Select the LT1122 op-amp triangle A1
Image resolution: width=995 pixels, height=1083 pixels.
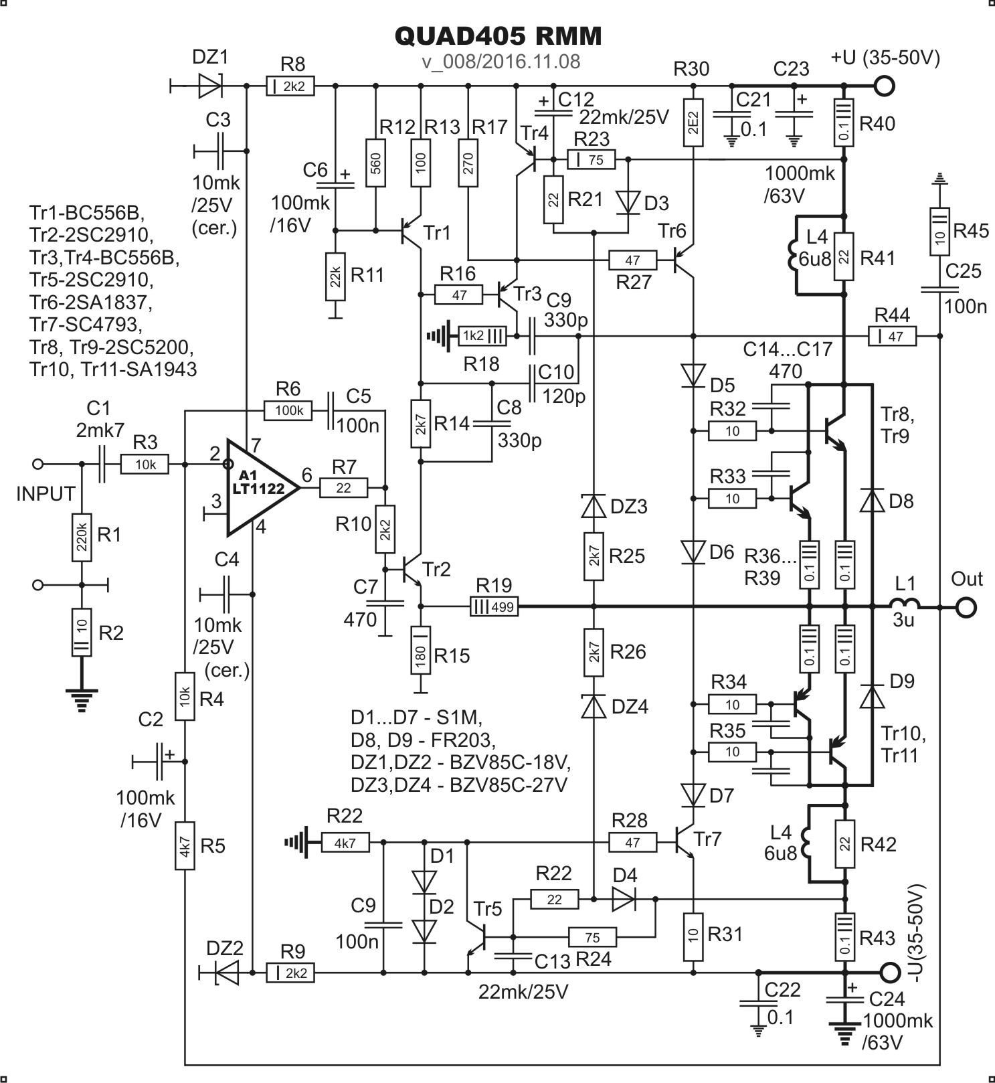click(261, 487)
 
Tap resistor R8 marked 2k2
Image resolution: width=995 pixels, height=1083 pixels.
click(290, 86)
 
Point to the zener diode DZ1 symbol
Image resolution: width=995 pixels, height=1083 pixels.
click(210, 86)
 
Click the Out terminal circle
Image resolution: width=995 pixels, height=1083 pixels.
click(965, 608)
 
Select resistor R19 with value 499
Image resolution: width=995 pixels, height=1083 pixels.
click(493, 607)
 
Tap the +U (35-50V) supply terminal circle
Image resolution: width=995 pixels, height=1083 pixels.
click(885, 86)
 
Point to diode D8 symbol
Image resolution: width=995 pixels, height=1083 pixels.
click(872, 501)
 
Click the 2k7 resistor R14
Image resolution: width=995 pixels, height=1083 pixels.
click(420, 424)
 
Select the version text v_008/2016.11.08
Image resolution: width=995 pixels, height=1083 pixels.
click(501, 62)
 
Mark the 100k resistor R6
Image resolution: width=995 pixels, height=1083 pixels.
click(288, 410)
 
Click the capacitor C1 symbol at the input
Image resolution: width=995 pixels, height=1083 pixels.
click(102, 463)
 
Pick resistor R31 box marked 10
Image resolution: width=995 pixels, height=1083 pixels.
click(694, 934)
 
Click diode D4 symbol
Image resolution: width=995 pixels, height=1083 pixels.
click(624, 900)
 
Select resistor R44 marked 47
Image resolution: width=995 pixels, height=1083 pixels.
click(892, 335)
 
